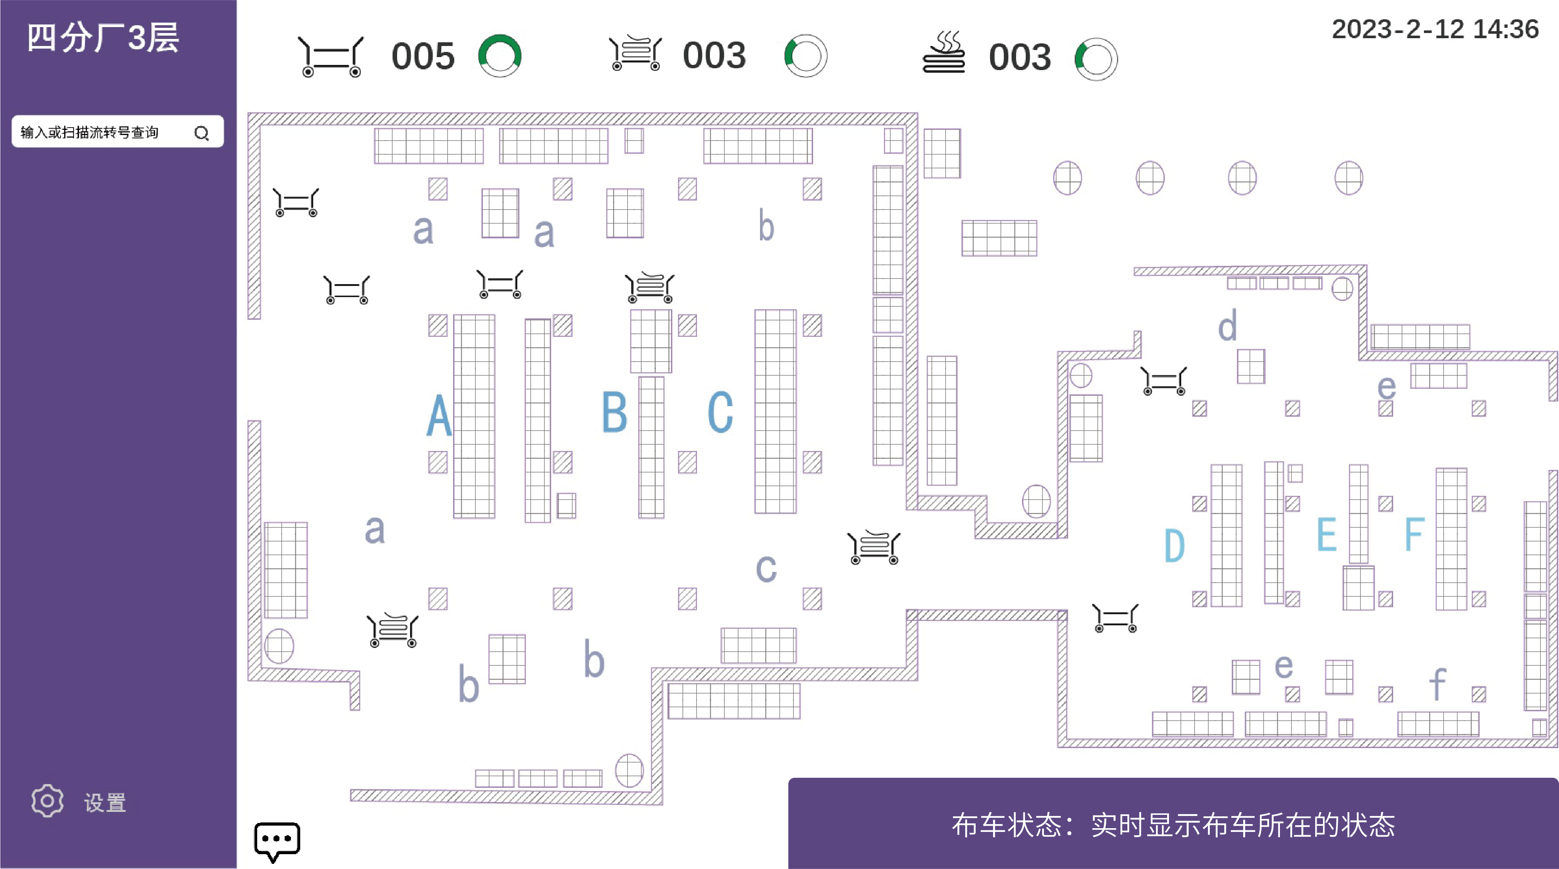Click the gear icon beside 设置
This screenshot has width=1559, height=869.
coord(47,801)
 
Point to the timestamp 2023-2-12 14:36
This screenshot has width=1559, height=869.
coord(1435,29)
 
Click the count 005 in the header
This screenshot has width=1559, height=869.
coord(423,56)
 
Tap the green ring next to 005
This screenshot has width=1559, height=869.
coord(500,56)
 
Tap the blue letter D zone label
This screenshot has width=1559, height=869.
coord(1175,546)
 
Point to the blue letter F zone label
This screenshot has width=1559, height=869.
coord(1414,534)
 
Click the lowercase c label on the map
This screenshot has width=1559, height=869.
coord(766,569)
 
